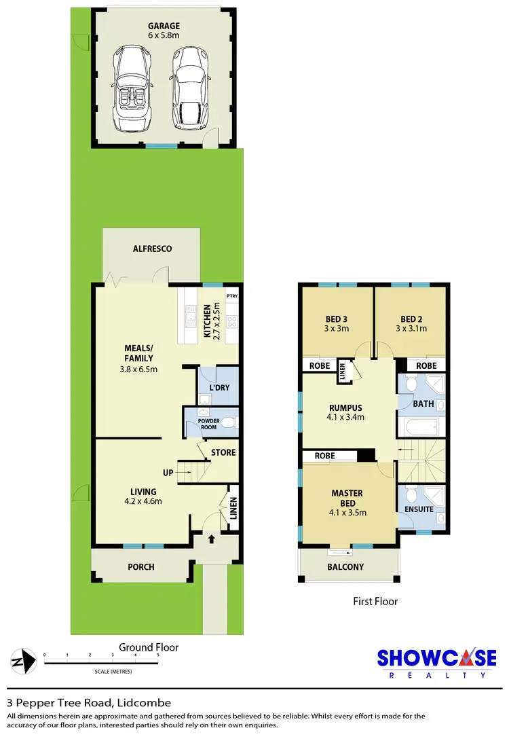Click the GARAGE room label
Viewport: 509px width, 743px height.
click(166, 26)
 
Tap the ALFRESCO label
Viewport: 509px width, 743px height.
click(152, 249)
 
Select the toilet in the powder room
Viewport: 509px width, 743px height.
click(228, 424)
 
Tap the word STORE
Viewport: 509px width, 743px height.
click(223, 452)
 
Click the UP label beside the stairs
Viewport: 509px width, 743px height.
click(168, 473)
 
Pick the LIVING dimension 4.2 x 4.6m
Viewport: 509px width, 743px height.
click(143, 502)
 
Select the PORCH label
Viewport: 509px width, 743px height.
click(141, 567)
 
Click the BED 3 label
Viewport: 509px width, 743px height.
click(337, 319)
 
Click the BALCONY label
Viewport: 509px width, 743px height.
click(345, 567)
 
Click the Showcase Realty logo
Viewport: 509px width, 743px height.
click(436, 663)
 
